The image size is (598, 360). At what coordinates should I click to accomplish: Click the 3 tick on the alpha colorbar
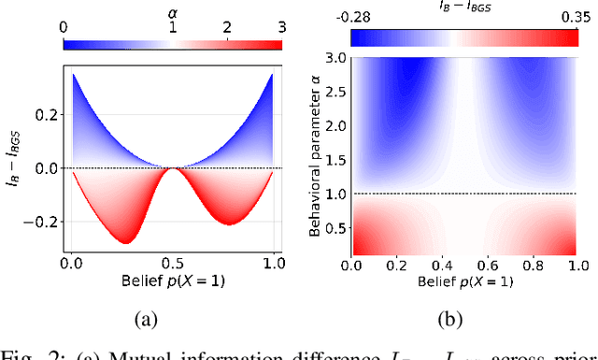tap(280, 27)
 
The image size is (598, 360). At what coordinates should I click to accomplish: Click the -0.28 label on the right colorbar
tap(367, 16)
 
